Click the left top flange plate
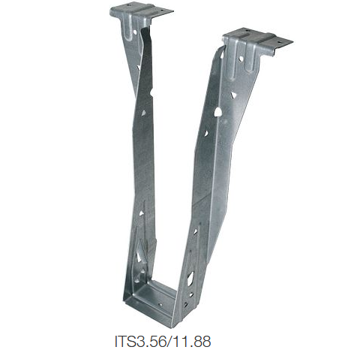point(141,11)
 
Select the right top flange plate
point(257,40)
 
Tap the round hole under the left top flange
point(135,32)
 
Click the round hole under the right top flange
point(241,59)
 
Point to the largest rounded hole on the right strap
point(217,112)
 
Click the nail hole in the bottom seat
point(160,305)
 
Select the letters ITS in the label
point(125,341)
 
